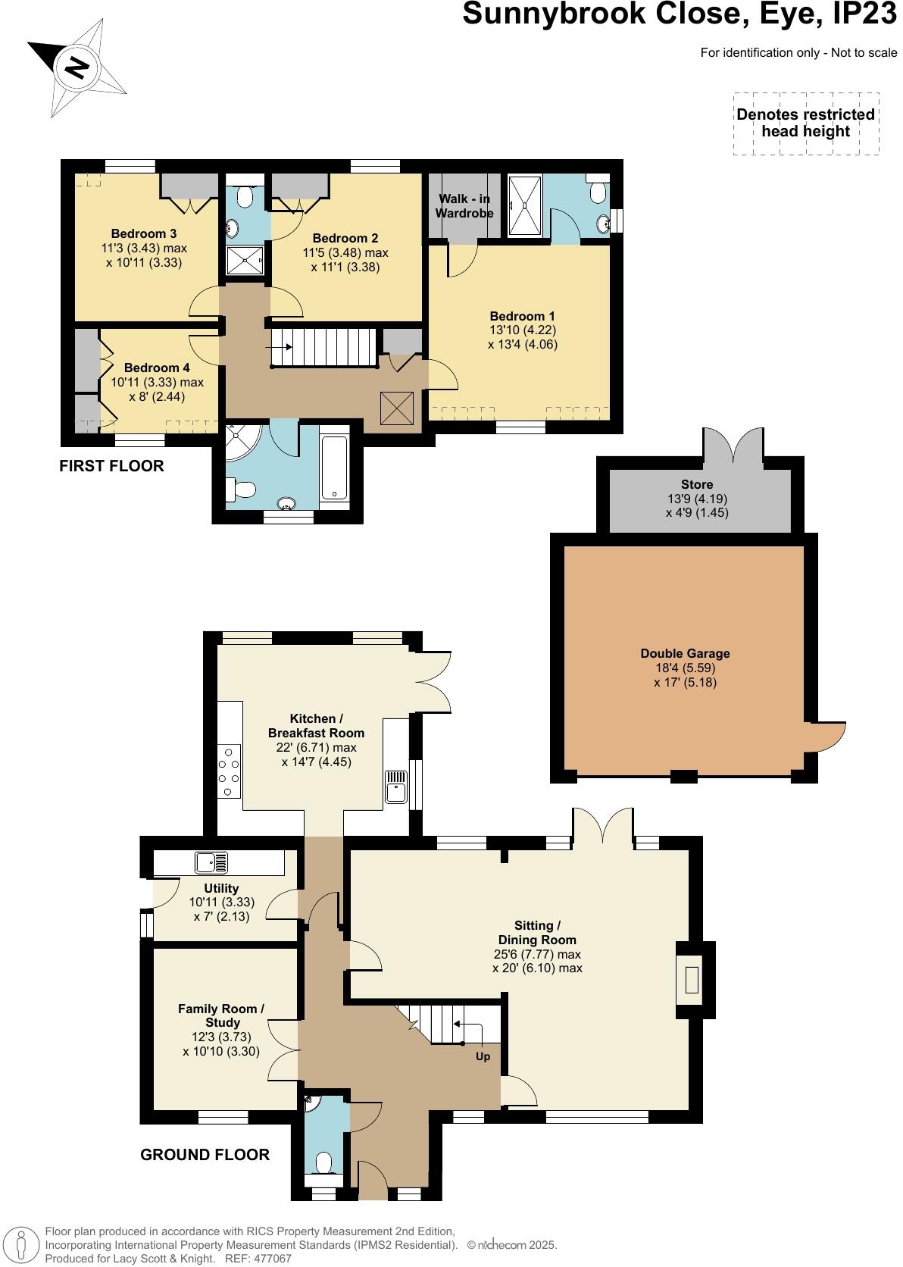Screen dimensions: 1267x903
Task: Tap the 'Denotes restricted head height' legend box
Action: pyautogui.click(x=806, y=124)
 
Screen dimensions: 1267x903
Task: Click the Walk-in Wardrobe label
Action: pyautogui.click(x=464, y=206)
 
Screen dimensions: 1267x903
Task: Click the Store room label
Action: pyautogui.click(x=696, y=484)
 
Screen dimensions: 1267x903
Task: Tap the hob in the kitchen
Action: pyautogui.click(x=230, y=771)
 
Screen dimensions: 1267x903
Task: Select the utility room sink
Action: pyautogui.click(x=211, y=862)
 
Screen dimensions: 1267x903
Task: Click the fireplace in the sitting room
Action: pyautogui.click(x=692, y=981)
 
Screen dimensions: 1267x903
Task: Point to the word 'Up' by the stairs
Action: pyautogui.click(x=483, y=1056)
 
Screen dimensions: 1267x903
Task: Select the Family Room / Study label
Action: pyautogui.click(x=221, y=1015)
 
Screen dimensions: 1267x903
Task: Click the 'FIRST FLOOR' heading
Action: pyautogui.click(x=111, y=466)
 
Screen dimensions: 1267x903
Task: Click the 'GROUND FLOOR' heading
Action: pyautogui.click(x=205, y=1155)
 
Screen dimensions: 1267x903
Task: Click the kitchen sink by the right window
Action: pyautogui.click(x=395, y=787)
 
